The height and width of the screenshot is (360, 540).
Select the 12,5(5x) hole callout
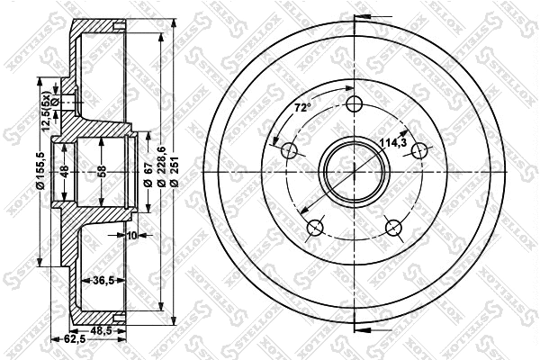pyautogui.click(x=40, y=118)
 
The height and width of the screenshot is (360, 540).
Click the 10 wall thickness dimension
pyautogui.click(x=131, y=236)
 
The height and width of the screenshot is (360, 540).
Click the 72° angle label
pyautogui.click(x=302, y=108)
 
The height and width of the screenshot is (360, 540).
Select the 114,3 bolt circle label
pyautogui.click(x=391, y=142)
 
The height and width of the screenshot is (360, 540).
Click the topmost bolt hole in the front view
pyautogui.click(x=355, y=102)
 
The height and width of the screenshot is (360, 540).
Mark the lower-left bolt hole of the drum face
pyautogui.click(x=314, y=229)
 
